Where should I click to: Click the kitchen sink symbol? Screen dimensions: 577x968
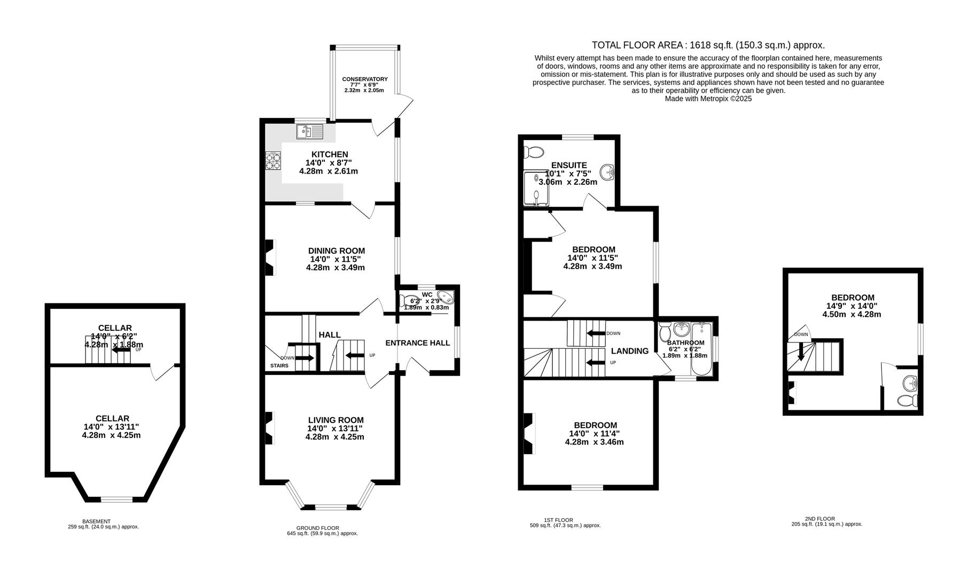[x=310, y=131]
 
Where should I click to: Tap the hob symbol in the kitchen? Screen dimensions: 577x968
[x=273, y=161]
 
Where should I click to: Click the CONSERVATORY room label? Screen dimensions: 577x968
[x=365, y=79]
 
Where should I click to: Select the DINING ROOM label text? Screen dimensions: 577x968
[x=337, y=251]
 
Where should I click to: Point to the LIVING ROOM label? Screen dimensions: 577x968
[x=335, y=420]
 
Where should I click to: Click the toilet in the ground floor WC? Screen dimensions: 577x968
[x=411, y=301]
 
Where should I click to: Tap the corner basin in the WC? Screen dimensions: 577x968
[x=445, y=298]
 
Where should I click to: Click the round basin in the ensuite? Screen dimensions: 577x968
[x=607, y=172]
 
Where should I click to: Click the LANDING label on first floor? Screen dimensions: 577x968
[x=630, y=351]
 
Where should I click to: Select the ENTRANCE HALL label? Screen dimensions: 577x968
[x=417, y=343]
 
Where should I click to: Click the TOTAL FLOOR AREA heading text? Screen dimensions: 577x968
[x=708, y=45]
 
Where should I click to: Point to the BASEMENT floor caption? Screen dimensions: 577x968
[x=96, y=521]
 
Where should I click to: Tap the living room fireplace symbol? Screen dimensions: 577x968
[x=270, y=427]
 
